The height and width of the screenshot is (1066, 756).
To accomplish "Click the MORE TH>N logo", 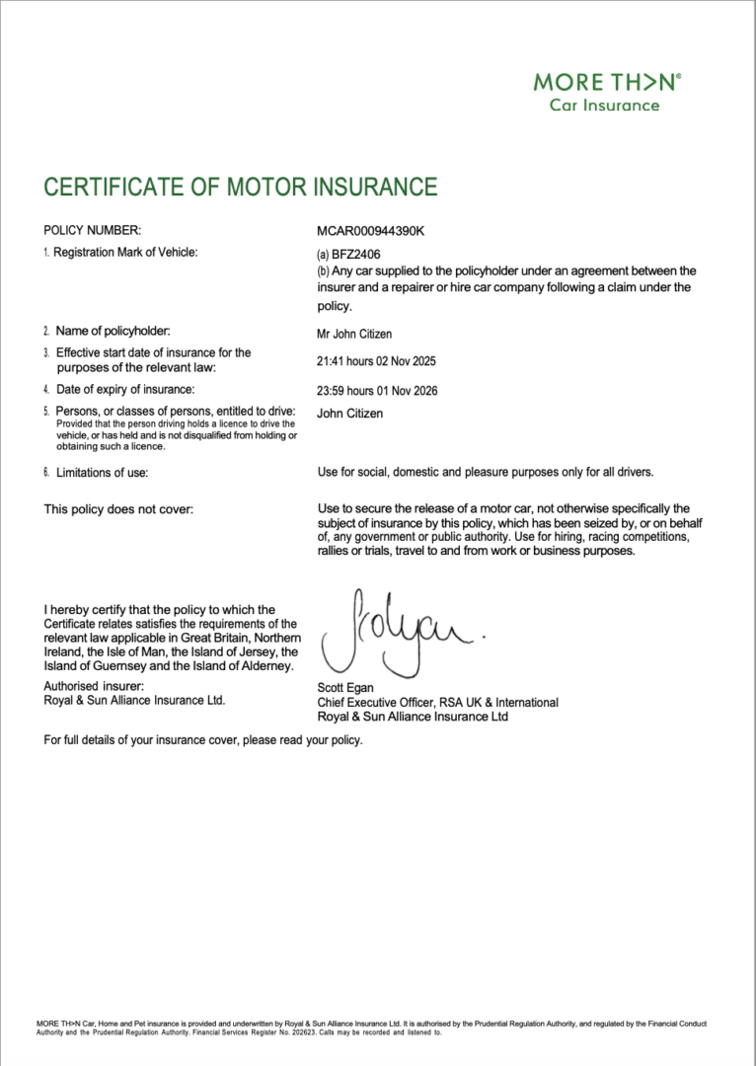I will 607,82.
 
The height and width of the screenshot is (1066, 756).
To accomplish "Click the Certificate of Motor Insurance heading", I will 240,187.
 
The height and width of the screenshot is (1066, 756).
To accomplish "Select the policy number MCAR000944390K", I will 370,230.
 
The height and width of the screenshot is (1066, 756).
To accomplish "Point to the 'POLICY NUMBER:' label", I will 93,230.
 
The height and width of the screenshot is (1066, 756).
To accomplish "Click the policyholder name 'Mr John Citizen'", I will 354,334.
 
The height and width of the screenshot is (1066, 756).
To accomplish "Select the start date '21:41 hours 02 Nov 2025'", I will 377,361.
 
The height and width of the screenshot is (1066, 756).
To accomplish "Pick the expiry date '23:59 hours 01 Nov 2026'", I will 377,391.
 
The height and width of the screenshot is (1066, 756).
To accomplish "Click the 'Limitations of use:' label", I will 102,473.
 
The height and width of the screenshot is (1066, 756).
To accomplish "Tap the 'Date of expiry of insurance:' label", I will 124,389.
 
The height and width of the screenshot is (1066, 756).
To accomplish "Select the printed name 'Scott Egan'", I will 345,688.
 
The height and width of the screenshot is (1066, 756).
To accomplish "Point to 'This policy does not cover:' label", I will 118,509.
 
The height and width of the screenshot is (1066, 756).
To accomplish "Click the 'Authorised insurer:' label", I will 94,686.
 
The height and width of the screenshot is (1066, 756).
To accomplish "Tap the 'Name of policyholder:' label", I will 113,331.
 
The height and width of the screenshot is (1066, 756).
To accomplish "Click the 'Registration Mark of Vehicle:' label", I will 125,253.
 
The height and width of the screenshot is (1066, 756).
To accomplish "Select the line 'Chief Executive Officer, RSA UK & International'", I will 437,703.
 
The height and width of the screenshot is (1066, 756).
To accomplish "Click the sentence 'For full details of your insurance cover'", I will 202,739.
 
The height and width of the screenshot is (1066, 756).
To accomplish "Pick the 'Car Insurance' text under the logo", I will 604,106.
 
